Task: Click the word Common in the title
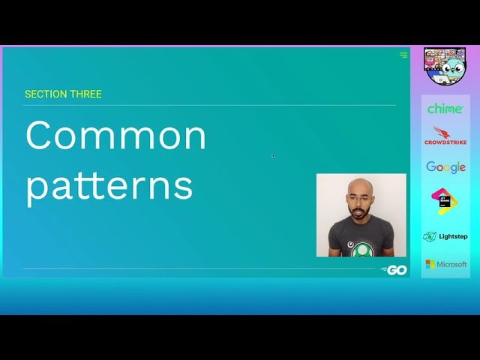tap(115, 136)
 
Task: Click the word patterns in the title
tap(109, 186)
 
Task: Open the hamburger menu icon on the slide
tap(403, 55)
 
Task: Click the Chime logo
tap(445, 109)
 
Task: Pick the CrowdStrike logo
tap(445, 136)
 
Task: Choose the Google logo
tap(445, 167)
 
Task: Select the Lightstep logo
tap(445, 236)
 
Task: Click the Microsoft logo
tap(445, 264)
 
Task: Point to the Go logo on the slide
tap(394, 270)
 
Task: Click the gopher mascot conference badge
tap(445, 66)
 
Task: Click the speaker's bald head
tap(361, 186)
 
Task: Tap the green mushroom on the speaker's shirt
tap(363, 249)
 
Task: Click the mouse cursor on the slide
tap(273, 156)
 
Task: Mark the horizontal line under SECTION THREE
tap(210, 105)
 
